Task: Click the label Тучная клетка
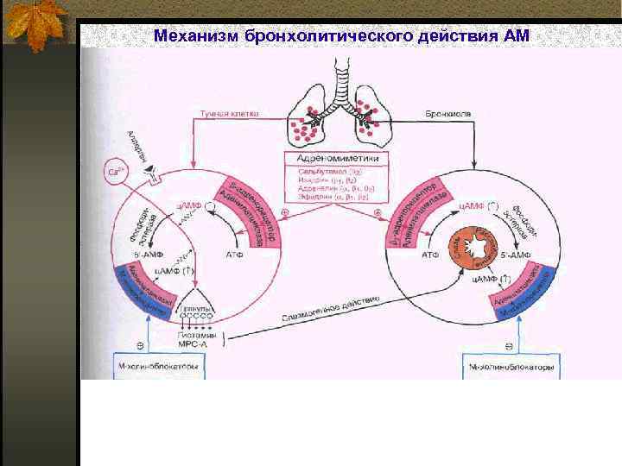click(x=229, y=113)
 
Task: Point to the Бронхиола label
click(x=447, y=113)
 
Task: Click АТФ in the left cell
click(x=234, y=255)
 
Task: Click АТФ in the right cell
click(x=429, y=255)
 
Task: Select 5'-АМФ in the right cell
click(x=516, y=256)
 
